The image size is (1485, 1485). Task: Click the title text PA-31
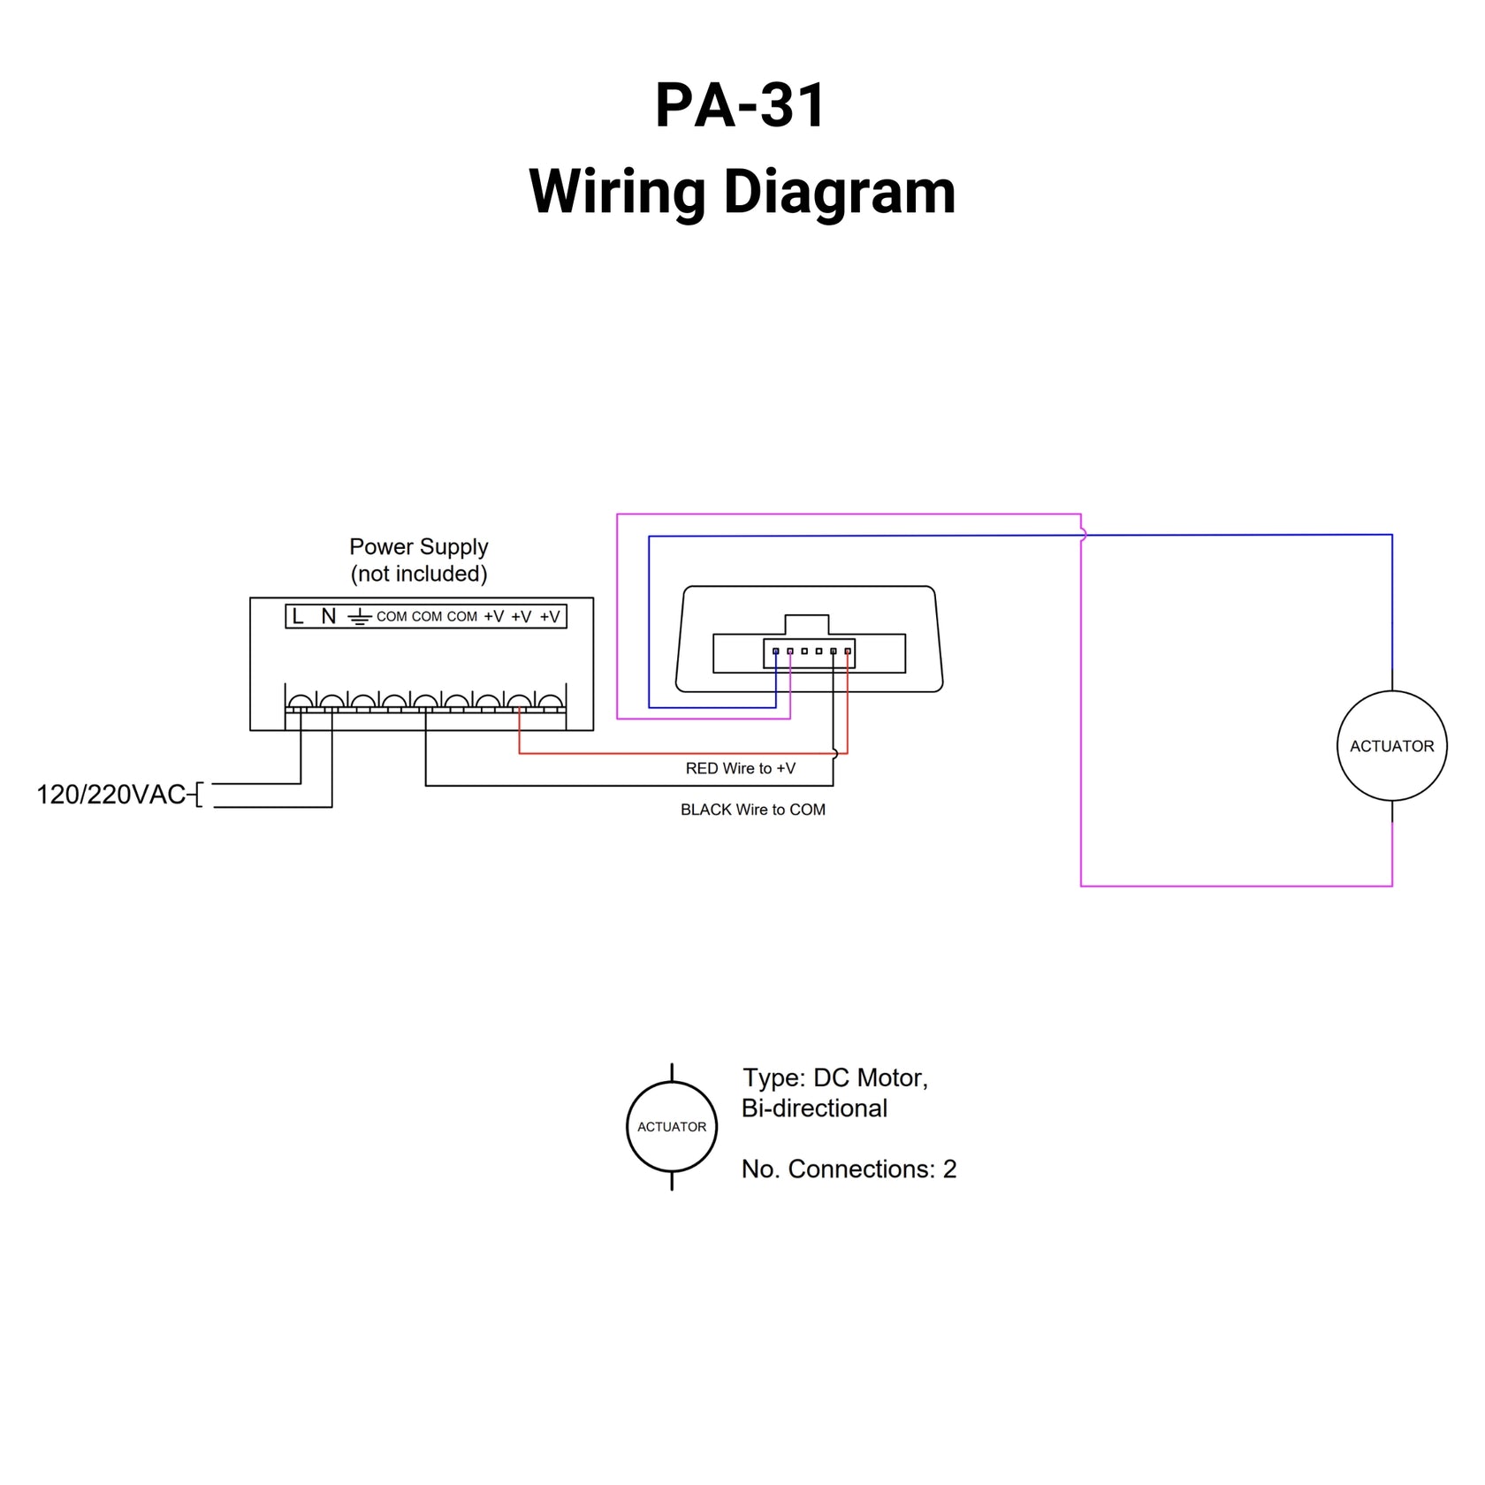pos(740,106)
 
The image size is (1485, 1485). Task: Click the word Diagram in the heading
pos(840,192)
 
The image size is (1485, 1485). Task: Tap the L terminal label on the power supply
pos(298,616)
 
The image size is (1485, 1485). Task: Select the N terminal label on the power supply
pos(328,616)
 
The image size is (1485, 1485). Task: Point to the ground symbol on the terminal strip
pos(359,617)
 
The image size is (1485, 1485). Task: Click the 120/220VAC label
pos(110,795)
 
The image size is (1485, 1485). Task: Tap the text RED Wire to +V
pos(740,768)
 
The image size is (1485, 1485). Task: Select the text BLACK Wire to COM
pos(752,810)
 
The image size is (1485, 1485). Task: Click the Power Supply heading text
pos(418,546)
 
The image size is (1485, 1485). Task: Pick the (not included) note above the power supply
pos(418,574)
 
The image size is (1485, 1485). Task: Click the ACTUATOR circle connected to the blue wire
pos(1391,746)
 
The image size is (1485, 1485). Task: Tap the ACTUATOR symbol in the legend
pos(672,1126)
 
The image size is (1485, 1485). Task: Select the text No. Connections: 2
pos(849,1169)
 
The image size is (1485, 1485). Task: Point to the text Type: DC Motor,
pos(834,1078)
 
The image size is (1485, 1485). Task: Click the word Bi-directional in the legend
pos(813,1108)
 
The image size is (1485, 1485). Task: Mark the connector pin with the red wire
pos(848,651)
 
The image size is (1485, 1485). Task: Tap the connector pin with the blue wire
pos(776,651)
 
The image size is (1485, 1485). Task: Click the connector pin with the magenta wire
pos(790,651)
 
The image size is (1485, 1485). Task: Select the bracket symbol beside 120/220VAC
pos(198,795)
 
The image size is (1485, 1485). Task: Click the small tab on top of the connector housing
pos(806,624)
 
